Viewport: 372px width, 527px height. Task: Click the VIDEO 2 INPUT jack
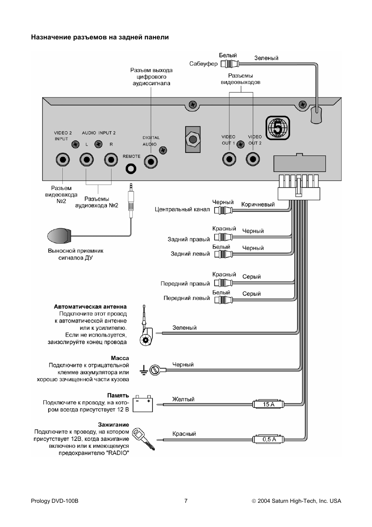pyautogui.click(x=63, y=160)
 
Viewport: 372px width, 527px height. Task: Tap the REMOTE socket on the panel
pyautogui.click(x=131, y=169)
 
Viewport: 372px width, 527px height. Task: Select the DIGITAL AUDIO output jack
pyautogui.click(x=151, y=161)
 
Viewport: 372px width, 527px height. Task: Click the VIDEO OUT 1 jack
pyautogui.click(x=229, y=159)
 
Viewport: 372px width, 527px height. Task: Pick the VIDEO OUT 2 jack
pyautogui.click(x=253, y=159)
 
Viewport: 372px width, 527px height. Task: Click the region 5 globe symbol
pyautogui.click(x=278, y=128)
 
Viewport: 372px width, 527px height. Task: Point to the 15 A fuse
pyautogui.click(x=268, y=404)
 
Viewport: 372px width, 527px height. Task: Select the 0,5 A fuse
pyautogui.click(x=268, y=439)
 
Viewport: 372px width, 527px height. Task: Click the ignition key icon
pyautogui.click(x=143, y=439)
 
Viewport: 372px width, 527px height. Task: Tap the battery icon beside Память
pyautogui.click(x=143, y=404)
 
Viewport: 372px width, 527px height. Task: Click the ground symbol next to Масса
pyautogui.click(x=143, y=370)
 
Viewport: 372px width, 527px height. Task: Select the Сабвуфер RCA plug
pyautogui.click(x=230, y=64)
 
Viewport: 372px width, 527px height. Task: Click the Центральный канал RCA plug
pyautogui.click(x=223, y=210)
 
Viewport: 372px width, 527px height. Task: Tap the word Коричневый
pyautogui.click(x=258, y=204)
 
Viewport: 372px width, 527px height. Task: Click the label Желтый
pyautogui.click(x=183, y=399)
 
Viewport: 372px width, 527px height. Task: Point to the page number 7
pyautogui.click(x=186, y=500)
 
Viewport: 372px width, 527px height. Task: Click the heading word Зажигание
pyautogui.click(x=113, y=425)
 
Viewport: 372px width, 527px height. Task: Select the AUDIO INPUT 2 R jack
pyautogui.click(x=111, y=160)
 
